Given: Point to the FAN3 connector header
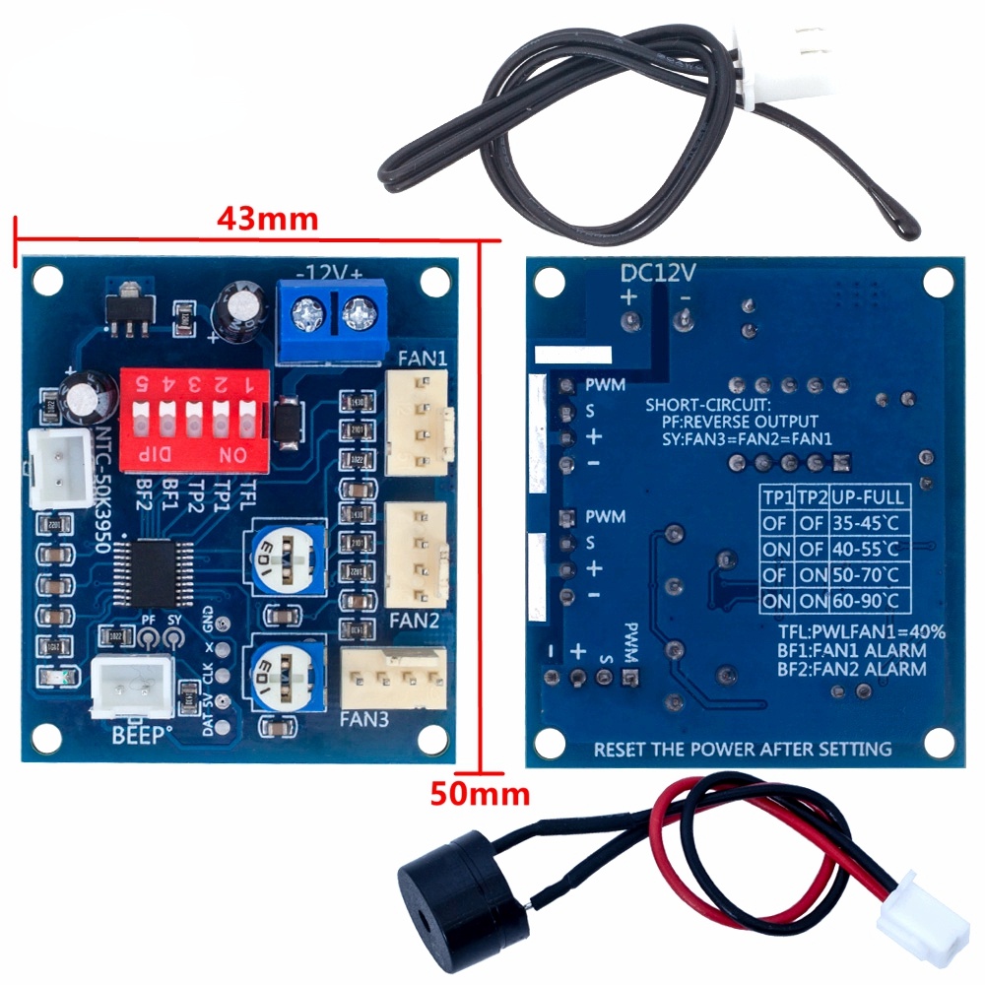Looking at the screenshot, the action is [x=392, y=678].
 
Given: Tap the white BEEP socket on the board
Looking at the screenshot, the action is [x=131, y=686].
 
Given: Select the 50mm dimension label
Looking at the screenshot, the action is [x=479, y=793].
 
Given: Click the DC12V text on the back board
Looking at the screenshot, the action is [x=658, y=271].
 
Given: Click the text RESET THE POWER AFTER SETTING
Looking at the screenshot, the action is [x=742, y=750].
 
